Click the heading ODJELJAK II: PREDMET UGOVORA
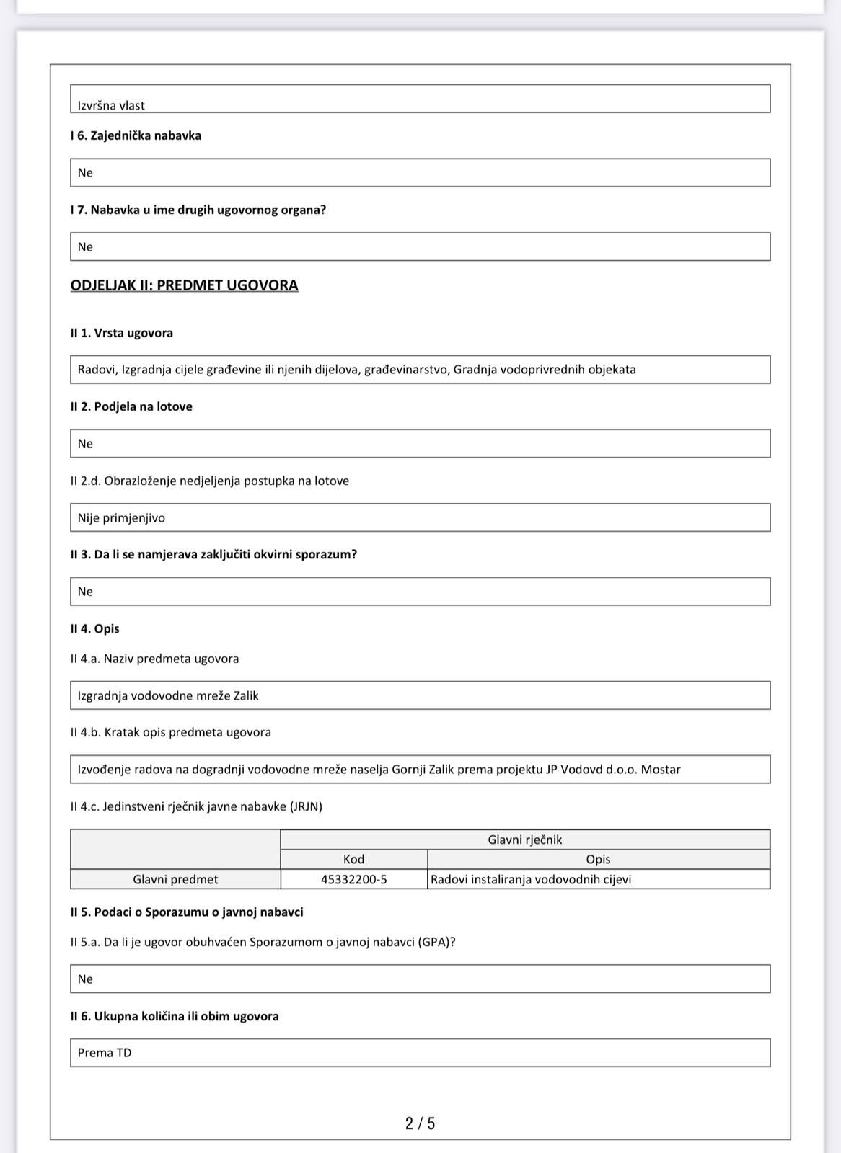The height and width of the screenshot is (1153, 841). (184, 285)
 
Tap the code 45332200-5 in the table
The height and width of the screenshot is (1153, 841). (353, 879)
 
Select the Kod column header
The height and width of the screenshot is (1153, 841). (353, 859)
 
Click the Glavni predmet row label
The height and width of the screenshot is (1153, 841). (175, 879)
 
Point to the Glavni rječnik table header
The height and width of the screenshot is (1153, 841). (524, 840)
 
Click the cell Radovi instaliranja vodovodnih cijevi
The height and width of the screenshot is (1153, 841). (531, 879)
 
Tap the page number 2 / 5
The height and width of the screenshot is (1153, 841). (420, 1123)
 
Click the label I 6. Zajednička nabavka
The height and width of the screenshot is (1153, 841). (136, 135)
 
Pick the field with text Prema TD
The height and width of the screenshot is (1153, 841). (420, 1053)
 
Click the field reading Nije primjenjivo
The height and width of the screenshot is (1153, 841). (420, 517)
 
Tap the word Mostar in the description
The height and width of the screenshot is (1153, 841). (661, 770)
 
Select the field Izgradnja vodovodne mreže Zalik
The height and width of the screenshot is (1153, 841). (420, 695)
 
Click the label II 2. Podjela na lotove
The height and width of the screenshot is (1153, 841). (131, 406)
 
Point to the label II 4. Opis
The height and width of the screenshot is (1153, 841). (94, 628)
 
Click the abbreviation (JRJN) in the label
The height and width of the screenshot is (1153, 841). (306, 806)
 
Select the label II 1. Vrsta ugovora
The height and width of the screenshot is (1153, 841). (121, 333)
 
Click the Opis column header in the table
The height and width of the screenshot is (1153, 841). (598, 859)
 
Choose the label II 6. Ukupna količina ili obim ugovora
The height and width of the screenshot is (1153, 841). (175, 1016)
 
